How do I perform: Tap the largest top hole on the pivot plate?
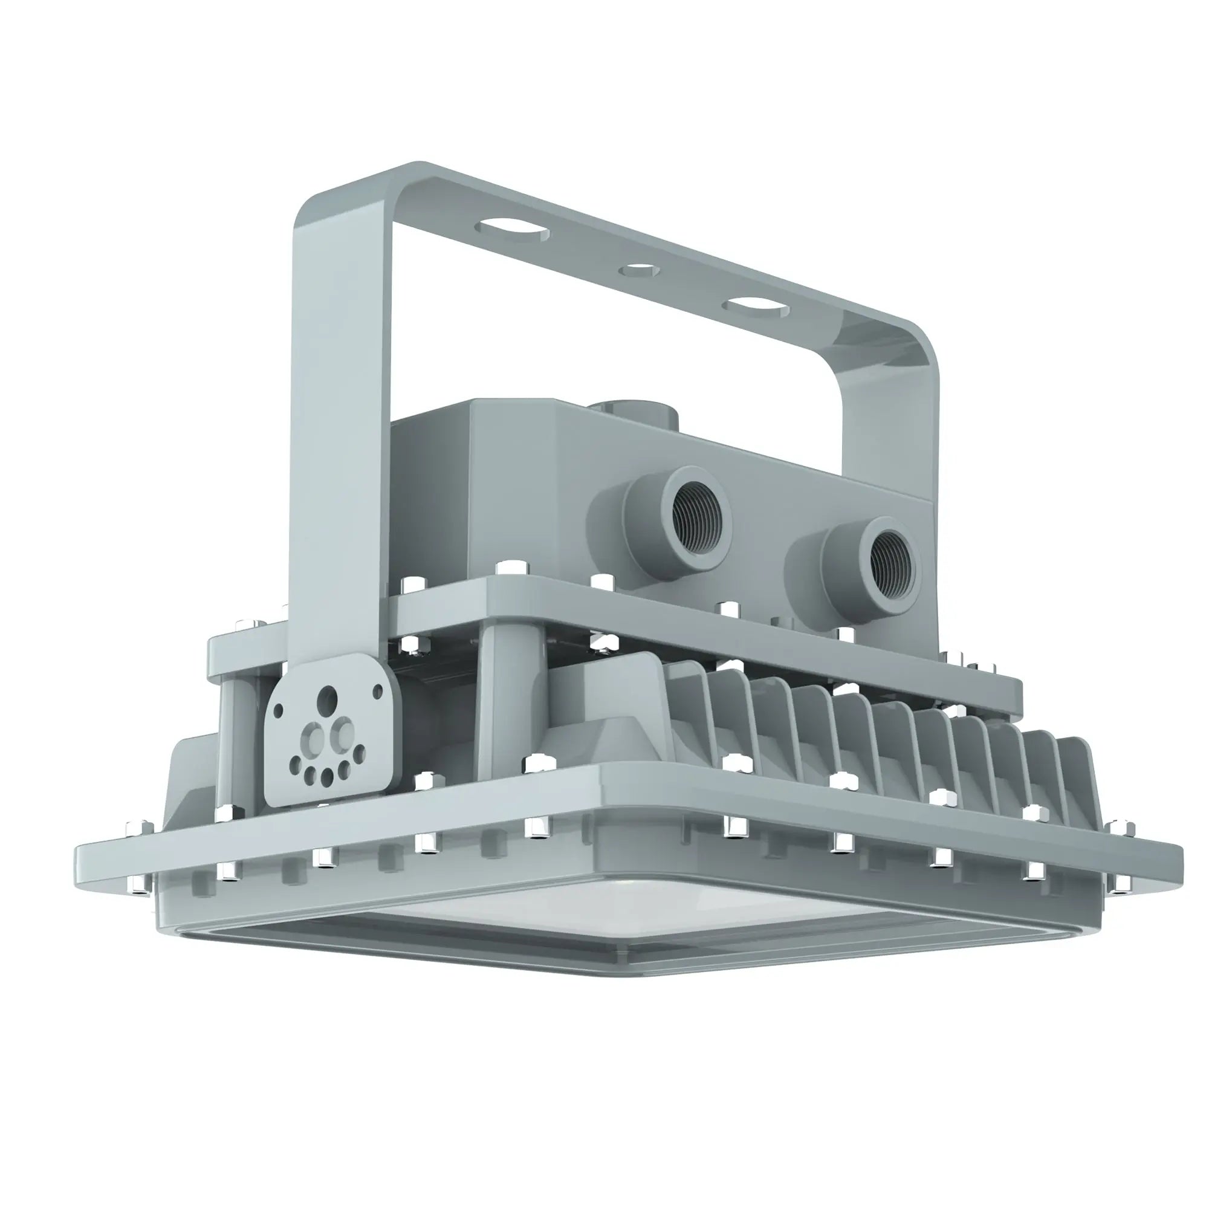coord(327,698)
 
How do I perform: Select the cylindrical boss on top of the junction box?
coord(632,413)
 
